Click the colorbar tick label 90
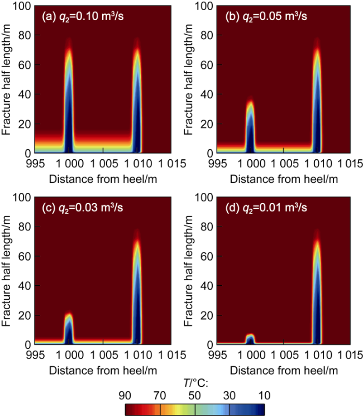125,395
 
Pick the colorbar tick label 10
264,395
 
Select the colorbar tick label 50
194,395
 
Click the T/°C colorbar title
195,384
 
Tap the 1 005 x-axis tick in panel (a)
104,163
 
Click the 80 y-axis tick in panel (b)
207,35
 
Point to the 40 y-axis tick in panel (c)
25,286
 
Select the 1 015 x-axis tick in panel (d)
350,355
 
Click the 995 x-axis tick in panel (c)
35,355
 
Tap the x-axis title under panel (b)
284,179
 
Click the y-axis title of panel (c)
6,271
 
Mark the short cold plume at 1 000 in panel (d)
250,339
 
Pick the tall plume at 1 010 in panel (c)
137,289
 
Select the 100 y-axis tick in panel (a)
22,6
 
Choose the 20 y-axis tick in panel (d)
207,315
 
